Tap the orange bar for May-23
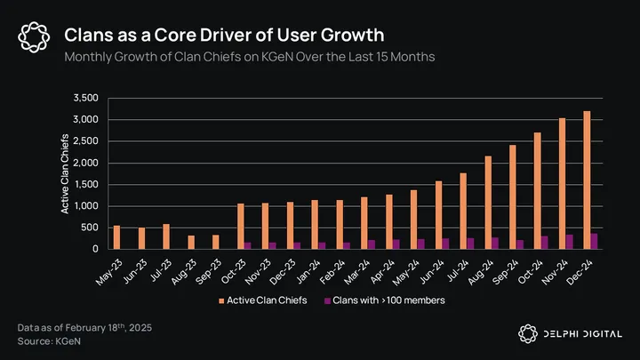click(116, 237)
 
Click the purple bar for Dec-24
click(594, 241)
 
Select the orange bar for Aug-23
click(190, 242)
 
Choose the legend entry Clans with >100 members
click(388, 300)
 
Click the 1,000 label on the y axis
click(90, 206)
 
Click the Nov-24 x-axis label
click(561, 268)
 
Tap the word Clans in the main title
click(91, 36)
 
